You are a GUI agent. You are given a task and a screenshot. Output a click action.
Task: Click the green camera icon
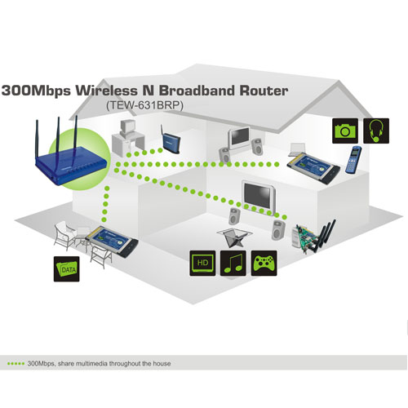click(x=345, y=131)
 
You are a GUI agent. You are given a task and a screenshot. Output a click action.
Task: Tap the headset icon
click(x=376, y=131)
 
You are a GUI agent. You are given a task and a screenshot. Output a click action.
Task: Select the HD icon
click(x=202, y=263)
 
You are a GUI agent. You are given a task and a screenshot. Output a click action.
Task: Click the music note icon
click(x=233, y=263)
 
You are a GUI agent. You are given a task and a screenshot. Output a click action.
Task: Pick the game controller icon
click(x=264, y=263)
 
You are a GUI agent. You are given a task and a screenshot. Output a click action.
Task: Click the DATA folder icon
click(x=67, y=268)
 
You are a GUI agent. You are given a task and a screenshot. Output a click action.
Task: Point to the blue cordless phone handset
click(x=353, y=160)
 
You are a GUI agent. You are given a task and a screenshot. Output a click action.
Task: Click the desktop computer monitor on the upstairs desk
click(x=126, y=127)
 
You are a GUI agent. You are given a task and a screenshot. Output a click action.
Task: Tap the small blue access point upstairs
click(x=171, y=140)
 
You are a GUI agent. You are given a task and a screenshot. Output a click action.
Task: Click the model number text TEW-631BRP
click(x=144, y=105)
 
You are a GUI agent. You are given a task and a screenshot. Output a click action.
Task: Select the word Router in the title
click(x=264, y=91)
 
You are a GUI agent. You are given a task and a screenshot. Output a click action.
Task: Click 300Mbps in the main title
click(x=36, y=91)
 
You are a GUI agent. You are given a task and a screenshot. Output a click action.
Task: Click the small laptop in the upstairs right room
click(x=297, y=150)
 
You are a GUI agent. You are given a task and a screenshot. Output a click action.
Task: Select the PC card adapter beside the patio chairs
click(x=112, y=242)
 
